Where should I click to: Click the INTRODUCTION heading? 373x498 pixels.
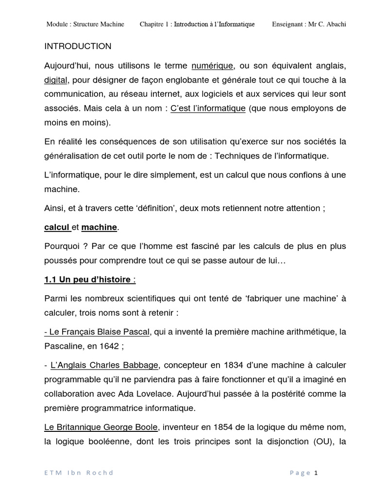pyautogui.click(x=78, y=47)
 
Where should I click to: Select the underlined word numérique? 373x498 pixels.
pyautogui.click(x=213, y=66)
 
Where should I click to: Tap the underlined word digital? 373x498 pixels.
pyautogui.click(x=55, y=80)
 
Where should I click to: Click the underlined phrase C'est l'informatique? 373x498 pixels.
pyautogui.click(x=208, y=108)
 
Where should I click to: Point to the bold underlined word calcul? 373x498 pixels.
pyautogui.click(x=57, y=227)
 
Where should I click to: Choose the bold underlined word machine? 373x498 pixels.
pyautogui.click(x=99, y=227)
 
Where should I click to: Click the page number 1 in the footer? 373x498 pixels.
pyautogui.click(x=316, y=473)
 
